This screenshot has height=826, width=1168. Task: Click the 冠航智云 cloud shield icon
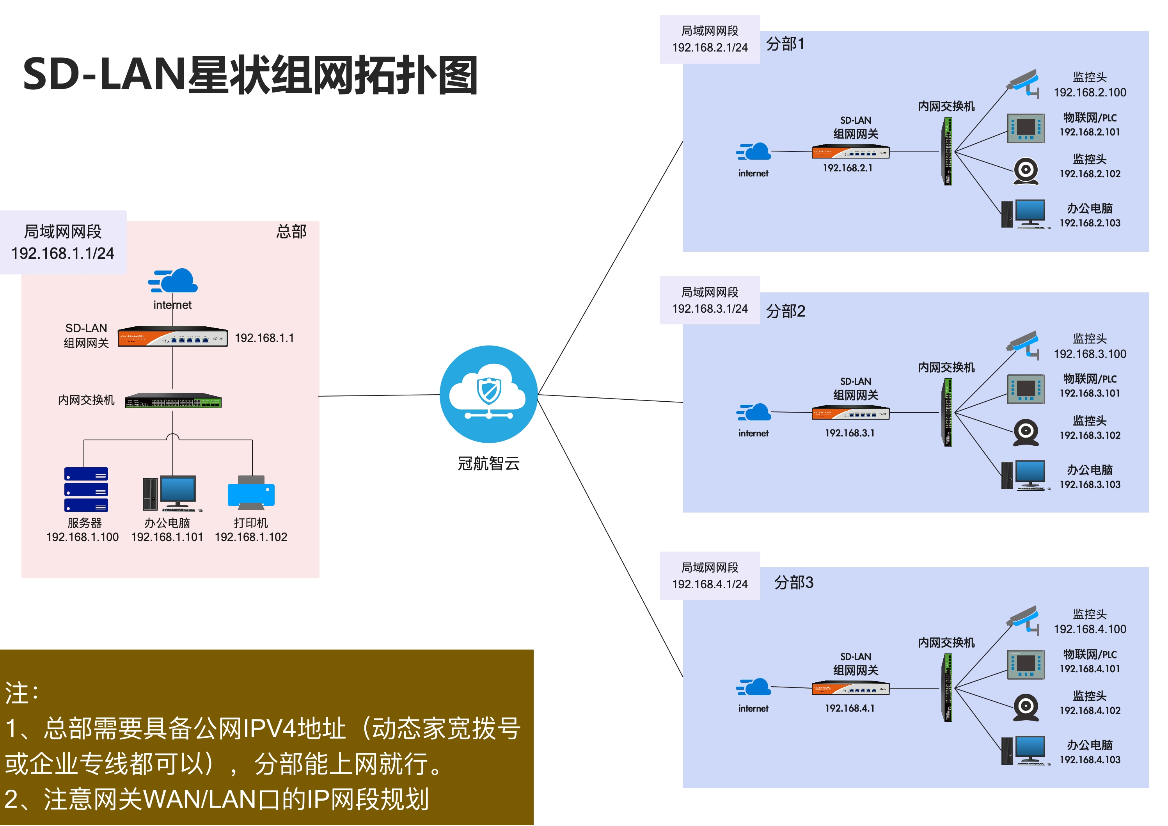[488, 394]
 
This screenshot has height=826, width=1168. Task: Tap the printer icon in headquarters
[251, 492]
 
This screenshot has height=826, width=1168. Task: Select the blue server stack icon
[86, 489]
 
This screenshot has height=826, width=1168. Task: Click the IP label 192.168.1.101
[167, 537]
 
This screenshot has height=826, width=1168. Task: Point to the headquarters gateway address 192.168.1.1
[264, 338]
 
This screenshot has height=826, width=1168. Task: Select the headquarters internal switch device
[173, 401]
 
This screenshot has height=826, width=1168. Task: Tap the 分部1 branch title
[785, 44]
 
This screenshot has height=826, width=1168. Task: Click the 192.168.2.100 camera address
[1090, 93]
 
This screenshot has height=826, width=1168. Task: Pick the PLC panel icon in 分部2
[1026, 389]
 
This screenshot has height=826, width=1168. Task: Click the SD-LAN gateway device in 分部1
[850, 152]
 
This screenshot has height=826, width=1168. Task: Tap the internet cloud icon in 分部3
[754, 687]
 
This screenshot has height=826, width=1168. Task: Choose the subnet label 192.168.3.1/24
[710, 308]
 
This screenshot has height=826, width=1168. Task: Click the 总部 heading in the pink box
[291, 231]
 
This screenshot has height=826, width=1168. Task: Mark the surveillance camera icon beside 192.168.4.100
[1024, 618]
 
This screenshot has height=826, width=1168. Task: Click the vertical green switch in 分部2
[948, 413]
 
